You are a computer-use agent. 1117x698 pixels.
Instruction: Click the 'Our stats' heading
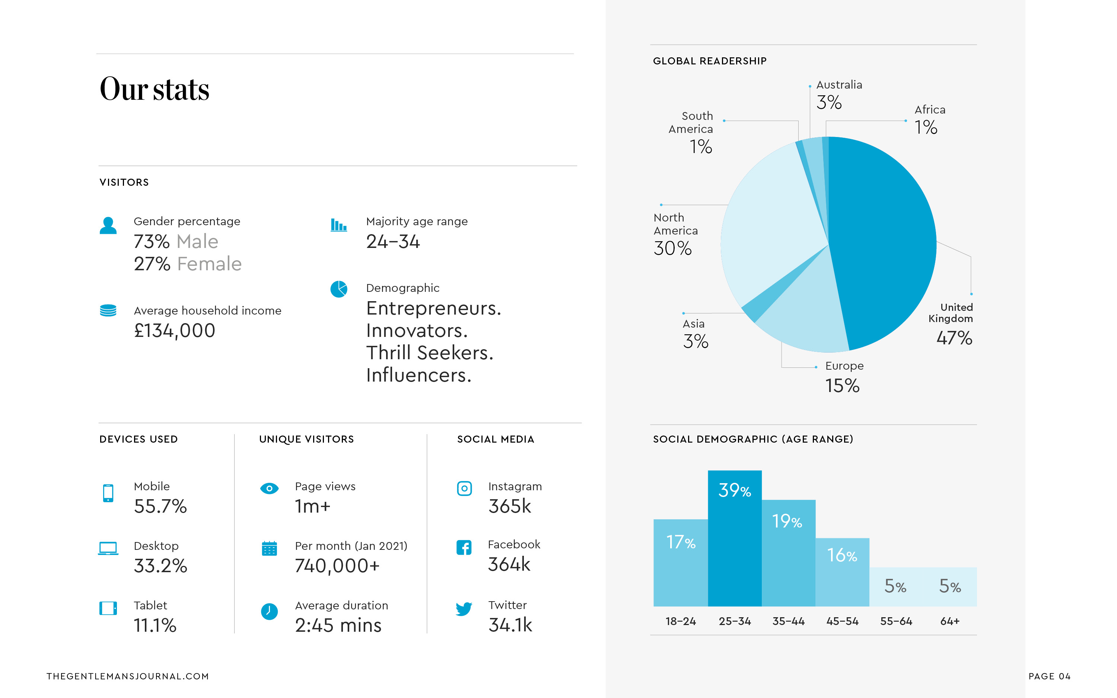click(x=154, y=89)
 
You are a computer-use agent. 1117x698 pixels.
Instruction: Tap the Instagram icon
click(x=464, y=488)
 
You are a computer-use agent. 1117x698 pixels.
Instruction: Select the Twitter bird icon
click(x=464, y=609)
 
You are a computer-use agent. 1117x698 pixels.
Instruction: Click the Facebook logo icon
click(x=464, y=548)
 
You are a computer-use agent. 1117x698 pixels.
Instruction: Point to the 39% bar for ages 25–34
click(x=734, y=545)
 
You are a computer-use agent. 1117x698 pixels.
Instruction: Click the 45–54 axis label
click(x=842, y=621)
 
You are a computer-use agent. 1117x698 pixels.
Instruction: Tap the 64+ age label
click(x=949, y=621)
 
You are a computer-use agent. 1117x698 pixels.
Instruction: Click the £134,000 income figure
click(x=175, y=331)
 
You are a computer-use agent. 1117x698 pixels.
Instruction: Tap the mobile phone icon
click(x=108, y=493)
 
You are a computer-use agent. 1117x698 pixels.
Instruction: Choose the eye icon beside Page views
click(x=269, y=488)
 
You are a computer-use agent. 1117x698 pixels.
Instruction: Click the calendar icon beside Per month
click(x=269, y=548)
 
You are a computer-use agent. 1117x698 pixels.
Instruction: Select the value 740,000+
click(x=337, y=566)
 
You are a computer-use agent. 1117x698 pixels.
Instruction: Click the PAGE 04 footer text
click(x=1049, y=676)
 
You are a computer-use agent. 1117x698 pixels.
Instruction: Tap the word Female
click(x=209, y=264)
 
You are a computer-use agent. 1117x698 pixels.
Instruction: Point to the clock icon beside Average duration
click(x=269, y=611)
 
